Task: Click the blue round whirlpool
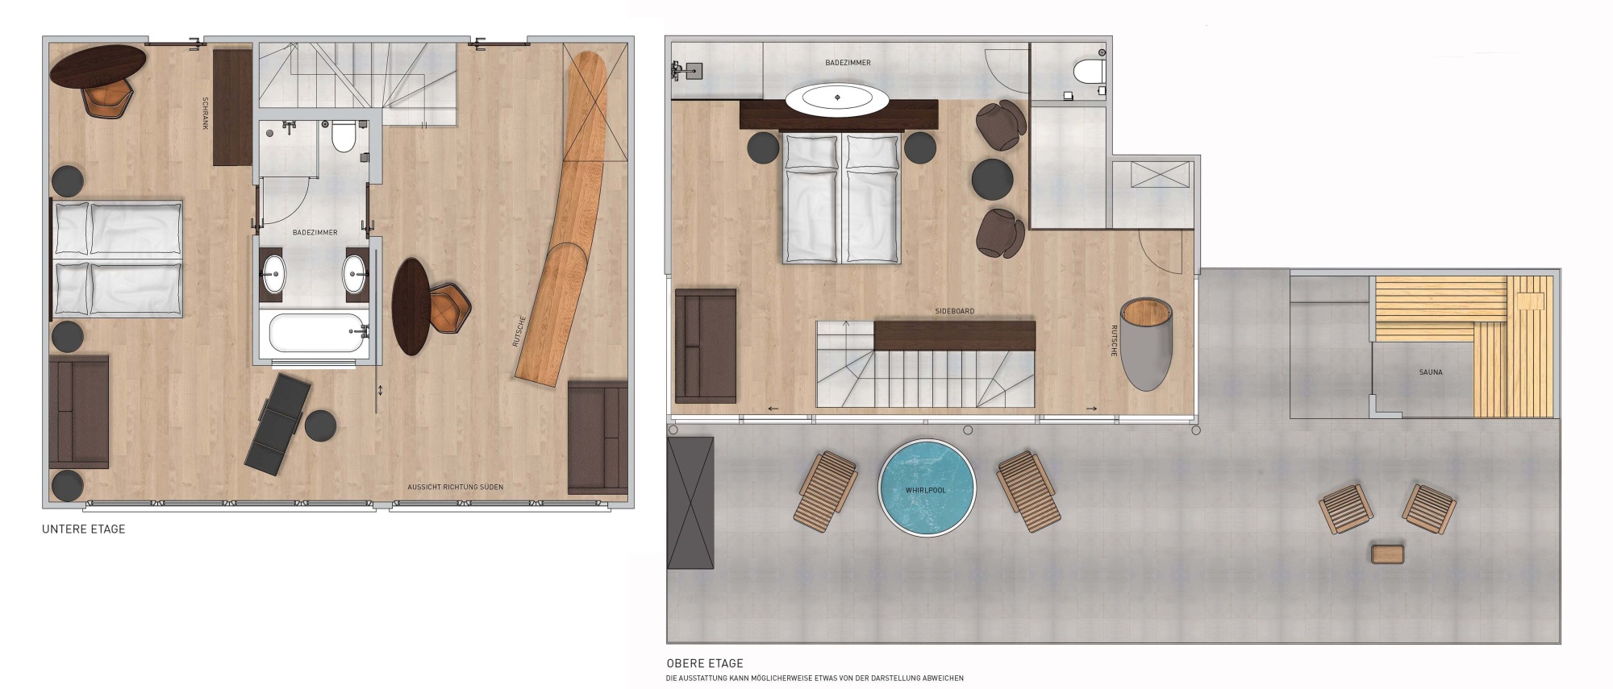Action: click(x=926, y=488)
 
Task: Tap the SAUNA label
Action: click(x=1430, y=372)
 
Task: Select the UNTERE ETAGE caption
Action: click(x=84, y=529)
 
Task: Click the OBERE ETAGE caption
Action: click(x=705, y=663)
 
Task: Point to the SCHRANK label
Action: click(x=206, y=114)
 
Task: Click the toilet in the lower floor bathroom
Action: click(x=343, y=138)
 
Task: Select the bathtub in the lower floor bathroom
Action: click(x=316, y=332)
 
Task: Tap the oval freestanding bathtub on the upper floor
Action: click(x=837, y=100)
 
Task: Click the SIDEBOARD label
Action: click(x=954, y=311)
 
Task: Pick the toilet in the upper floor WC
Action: click(x=1089, y=71)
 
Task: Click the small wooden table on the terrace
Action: click(x=1387, y=554)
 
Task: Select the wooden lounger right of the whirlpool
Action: click(x=1027, y=489)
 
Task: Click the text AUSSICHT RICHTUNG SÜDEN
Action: click(x=455, y=488)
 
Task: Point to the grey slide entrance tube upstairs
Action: click(x=1145, y=344)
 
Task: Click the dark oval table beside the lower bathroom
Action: click(x=411, y=306)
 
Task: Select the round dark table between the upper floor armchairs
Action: click(x=991, y=178)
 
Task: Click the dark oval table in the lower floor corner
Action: click(x=98, y=64)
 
